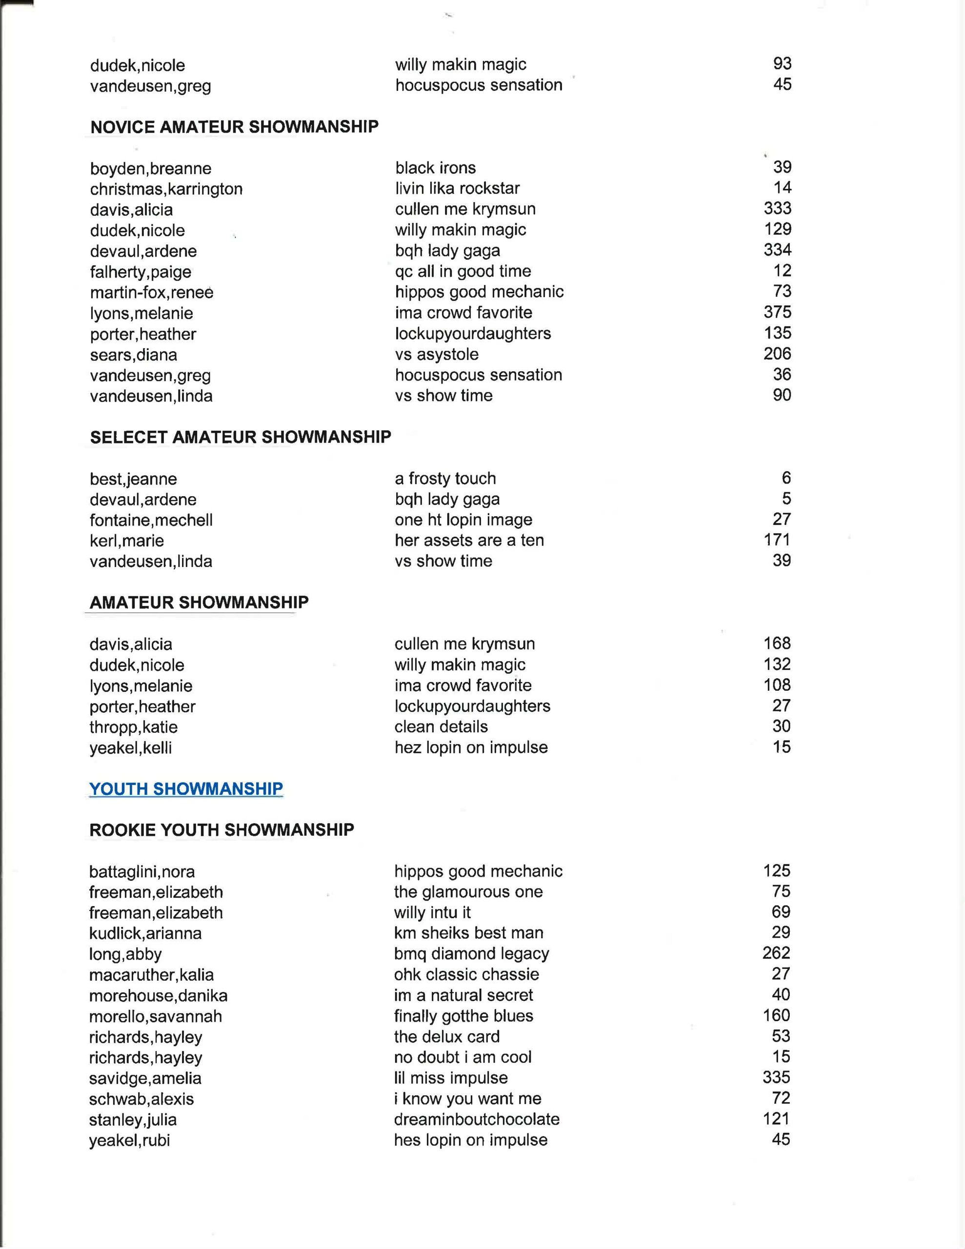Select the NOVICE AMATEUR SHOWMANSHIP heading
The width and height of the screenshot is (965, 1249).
pos(235,126)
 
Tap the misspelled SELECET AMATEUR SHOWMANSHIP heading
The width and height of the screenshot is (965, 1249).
pos(240,437)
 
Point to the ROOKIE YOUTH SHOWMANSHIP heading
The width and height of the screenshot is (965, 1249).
pos(221,830)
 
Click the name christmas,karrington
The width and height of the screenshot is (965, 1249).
pos(166,189)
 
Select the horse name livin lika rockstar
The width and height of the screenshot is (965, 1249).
pos(457,188)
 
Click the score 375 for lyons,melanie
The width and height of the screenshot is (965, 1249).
pos(777,312)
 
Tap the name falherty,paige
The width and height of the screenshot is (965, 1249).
pos(140,272)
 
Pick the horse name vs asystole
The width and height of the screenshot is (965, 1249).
pos(437,354)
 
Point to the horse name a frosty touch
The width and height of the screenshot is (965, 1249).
pos(445,478)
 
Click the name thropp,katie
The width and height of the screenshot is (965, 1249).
pos(133,727)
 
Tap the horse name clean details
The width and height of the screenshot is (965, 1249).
pos(441,726)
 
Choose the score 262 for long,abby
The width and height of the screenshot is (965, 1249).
pos(776,953)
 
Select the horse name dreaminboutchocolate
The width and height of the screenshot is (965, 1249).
pos(477,1119)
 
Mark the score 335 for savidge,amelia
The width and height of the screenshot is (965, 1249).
pos(776,1077)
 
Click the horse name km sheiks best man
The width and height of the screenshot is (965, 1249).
pos(468,933)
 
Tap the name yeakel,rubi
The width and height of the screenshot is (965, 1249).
pos(129,1140)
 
